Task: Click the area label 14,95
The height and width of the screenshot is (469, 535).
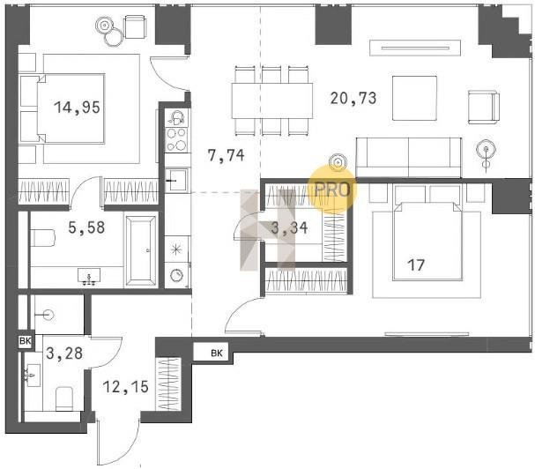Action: [x=77, y=108]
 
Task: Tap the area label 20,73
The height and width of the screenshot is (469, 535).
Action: [x=353, y=99]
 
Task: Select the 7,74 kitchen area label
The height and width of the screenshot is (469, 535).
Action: [x=227, y=156]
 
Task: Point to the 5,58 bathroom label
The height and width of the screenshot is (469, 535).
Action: [x=86, y=227]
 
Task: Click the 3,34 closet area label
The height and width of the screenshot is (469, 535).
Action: [x=289, y=228]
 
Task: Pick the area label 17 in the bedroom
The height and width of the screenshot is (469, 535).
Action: [x=416, y=265]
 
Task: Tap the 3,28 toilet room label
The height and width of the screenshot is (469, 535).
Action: [x=64, y=354]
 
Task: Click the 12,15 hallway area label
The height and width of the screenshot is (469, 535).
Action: [x=125, y=387]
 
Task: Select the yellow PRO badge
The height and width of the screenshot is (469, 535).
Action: [x=332, y=190]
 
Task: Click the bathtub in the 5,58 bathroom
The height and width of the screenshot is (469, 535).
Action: [x=141, y=250]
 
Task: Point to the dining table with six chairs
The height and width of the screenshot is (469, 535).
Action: [x=272, y=100]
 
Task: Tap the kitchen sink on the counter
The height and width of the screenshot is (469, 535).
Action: [x=177, y=179]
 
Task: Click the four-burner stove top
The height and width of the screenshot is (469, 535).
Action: [x=177, y=139]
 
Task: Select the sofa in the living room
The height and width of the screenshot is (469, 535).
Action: [x=409, y=157]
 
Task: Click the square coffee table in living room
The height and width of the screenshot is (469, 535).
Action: [x=414, y=99]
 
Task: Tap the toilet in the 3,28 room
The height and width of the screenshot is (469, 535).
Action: [x=64, y=398]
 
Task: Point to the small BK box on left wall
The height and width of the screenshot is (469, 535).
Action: [x=26, y=340]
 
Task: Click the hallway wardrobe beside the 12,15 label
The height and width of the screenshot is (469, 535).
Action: [x=167, y=384]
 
